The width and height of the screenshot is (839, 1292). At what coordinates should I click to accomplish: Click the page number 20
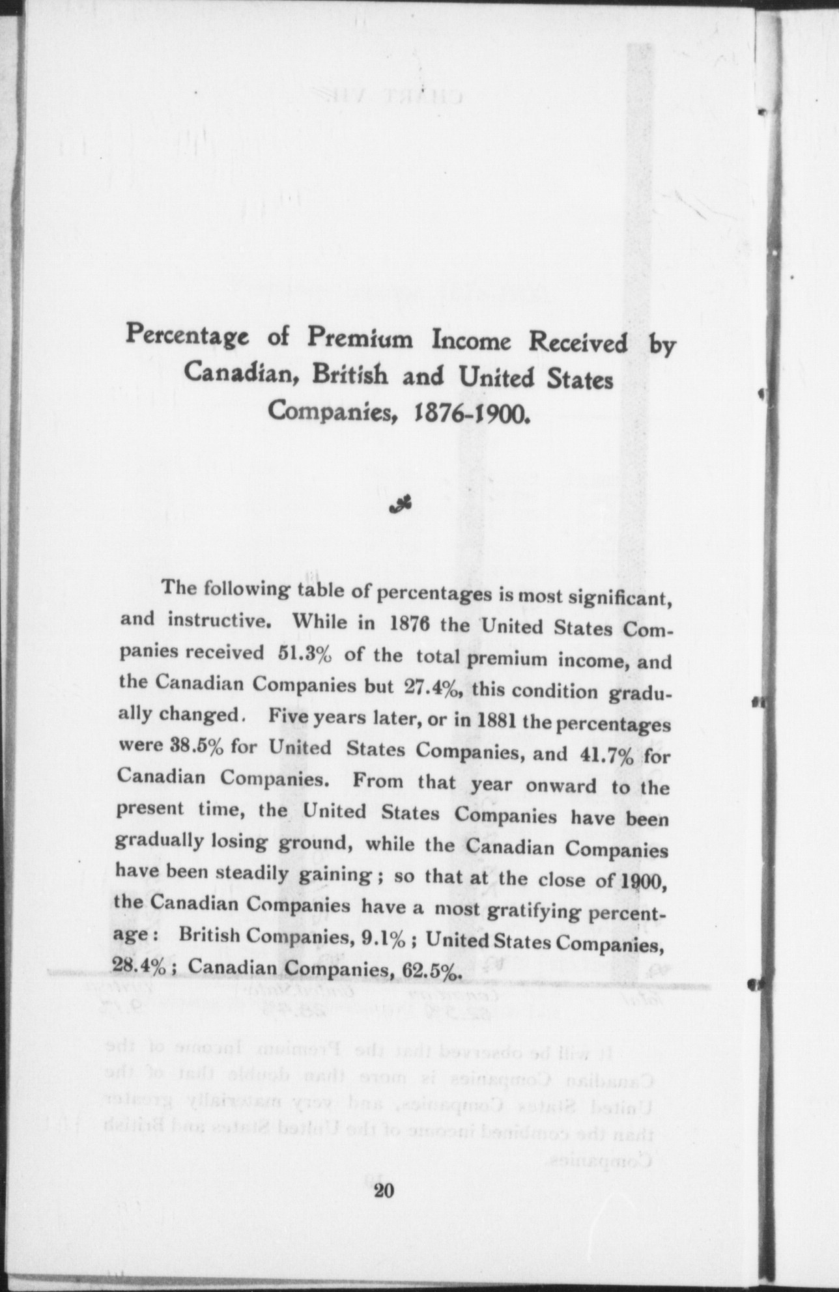pos(384,1191)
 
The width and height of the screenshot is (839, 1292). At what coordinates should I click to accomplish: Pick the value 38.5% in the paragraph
pos(172,745)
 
